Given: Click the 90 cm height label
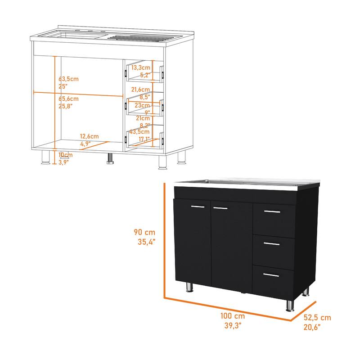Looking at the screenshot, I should [145, 232].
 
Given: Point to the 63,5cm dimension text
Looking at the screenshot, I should [68, 78].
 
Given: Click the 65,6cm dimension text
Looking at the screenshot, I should [68, 99].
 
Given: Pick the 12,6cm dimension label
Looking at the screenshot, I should [89, 136].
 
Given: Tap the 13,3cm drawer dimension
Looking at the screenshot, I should [141, 67].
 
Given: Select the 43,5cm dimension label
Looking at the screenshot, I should [139, 132].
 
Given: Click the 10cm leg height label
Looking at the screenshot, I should [66, 155].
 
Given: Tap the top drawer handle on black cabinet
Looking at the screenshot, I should [272, 211].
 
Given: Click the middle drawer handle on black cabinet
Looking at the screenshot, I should [272, 243].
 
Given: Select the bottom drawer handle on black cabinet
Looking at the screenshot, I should [271, 275].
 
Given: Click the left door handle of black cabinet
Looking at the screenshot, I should [197, 207].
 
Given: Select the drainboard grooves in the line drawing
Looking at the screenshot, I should [139, 38].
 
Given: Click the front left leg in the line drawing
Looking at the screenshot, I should [45, 157].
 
